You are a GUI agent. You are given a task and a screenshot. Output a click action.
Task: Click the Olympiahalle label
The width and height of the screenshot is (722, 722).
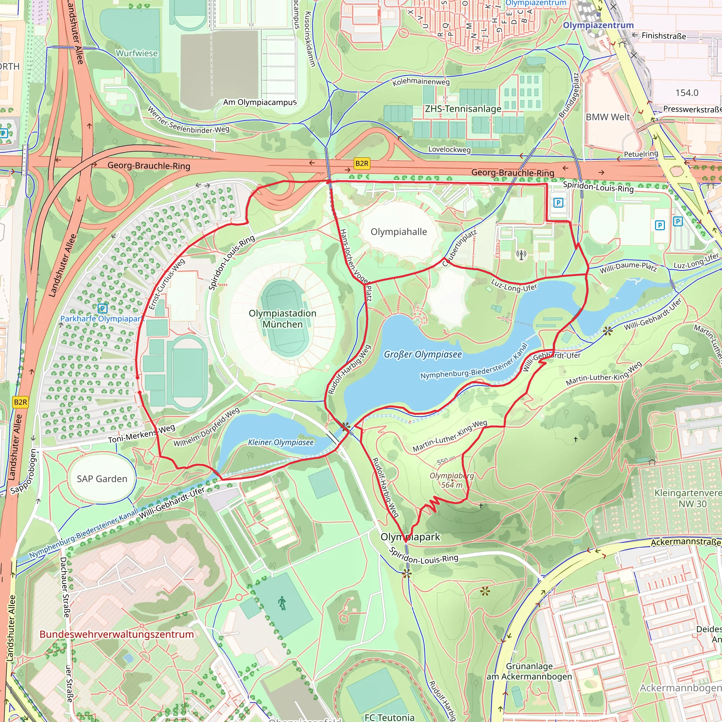point(398,232)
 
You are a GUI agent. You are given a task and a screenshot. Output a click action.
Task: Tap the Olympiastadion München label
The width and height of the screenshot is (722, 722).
point(282,319)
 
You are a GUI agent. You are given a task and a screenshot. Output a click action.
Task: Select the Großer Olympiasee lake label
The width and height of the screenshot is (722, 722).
point(423,354)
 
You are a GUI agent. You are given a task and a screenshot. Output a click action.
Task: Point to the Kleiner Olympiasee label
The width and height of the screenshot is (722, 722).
point(281,442)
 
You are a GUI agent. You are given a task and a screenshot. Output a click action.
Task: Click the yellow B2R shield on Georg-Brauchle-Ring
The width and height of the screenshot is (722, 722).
point(361,163)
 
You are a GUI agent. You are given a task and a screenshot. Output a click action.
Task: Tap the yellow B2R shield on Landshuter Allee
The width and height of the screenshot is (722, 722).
point(20,402)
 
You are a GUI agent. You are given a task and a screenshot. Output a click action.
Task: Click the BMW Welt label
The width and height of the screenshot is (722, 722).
point(608,117)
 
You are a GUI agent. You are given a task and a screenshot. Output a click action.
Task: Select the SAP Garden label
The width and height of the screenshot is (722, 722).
point(102,479)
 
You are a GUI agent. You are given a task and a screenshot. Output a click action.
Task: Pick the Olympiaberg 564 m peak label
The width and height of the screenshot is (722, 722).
point(452,480)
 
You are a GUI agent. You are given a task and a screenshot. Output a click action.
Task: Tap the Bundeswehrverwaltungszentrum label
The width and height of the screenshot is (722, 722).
point(117,634)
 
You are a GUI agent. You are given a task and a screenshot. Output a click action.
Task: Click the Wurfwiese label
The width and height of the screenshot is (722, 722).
point(136,53)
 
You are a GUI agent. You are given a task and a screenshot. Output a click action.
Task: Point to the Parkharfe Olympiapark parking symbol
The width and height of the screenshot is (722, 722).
point(102,308)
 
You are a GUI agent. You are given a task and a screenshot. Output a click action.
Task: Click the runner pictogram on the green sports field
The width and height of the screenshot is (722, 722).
point(282,603)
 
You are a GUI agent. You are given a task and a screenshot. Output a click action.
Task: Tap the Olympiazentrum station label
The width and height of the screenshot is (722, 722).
point(598,25)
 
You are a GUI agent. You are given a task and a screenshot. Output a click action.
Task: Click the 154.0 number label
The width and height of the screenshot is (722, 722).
point(686,92)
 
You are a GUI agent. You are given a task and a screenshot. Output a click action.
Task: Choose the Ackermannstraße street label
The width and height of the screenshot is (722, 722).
point(685,542)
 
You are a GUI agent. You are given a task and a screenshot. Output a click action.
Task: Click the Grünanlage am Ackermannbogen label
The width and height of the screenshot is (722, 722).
point(529,671)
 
